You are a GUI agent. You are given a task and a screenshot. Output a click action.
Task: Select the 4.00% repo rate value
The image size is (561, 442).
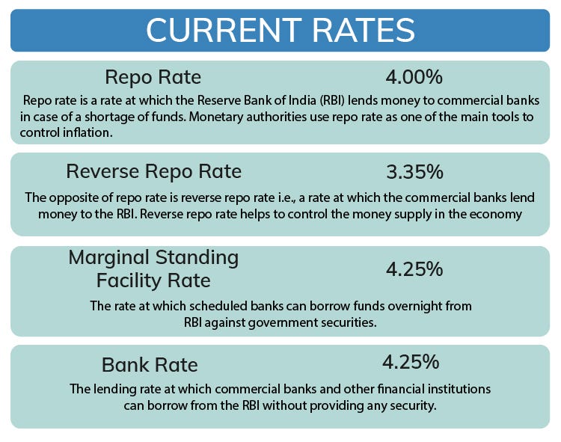tap(414, 77)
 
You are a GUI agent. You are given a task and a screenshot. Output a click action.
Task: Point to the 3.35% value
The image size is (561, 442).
tap(414, 171)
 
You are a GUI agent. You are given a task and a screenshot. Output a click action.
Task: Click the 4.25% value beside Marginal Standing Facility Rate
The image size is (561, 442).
tap(414, 268)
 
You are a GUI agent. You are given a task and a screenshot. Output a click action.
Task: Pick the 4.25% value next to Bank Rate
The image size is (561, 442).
tap(410, 363)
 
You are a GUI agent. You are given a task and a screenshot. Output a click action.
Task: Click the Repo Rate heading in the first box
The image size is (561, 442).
tap(153, 77)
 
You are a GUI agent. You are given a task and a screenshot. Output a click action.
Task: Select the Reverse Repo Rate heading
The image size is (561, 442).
tap(153, 171)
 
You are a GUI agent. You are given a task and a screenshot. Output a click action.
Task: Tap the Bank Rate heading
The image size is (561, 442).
tap(150, 365)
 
